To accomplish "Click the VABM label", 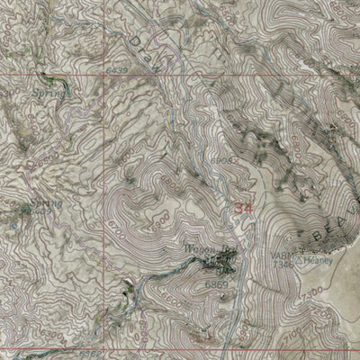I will tap(279, 254).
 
